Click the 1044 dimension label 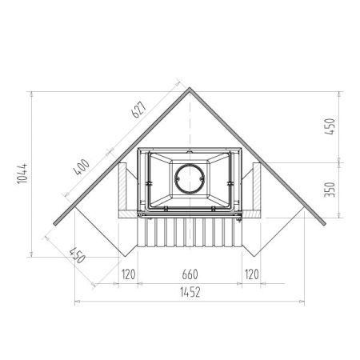coord(22,174)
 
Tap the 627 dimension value coord(139,110)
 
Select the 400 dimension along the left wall coord(82,167)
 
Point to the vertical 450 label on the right coord(330,126)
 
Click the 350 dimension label coord(330,190)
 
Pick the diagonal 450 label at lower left coord(78,255)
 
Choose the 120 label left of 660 coord(129,274)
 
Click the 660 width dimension coord(190,274)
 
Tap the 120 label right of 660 coord(252,274)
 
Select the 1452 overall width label coord(190,292)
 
